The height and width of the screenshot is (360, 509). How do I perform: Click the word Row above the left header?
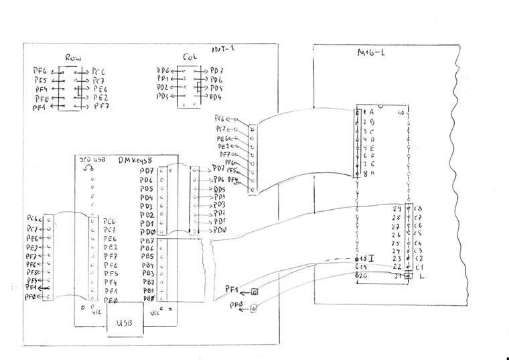[73, 58]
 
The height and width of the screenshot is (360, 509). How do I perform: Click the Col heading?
[188, 58]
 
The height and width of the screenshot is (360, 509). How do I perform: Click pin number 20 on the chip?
[364, 276]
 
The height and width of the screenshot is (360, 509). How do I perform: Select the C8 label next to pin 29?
[419, 209]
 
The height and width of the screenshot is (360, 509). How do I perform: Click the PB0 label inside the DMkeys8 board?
[147, 298]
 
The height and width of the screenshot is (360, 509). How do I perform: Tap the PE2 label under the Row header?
[100, 98]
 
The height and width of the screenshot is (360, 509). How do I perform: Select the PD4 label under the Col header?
[215, 97]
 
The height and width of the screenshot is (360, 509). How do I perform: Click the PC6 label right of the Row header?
[99, 71]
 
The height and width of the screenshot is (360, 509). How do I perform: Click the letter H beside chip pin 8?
[372, 173]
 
